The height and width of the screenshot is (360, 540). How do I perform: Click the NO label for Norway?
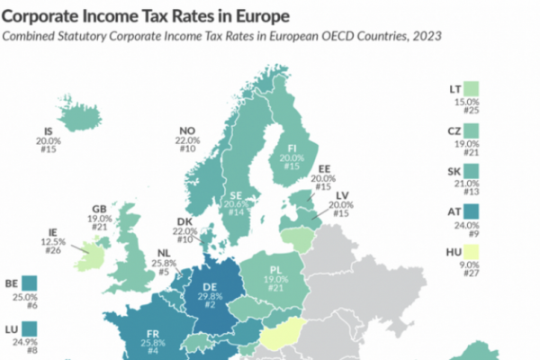(x=187, y=129)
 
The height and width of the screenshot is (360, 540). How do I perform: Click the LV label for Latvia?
(x=340, y=194)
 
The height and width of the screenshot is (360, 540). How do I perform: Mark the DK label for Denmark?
(x=185, y=221)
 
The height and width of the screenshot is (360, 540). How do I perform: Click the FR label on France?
(x=154, y=334)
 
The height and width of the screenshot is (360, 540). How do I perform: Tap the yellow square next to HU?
(x=472, y=254)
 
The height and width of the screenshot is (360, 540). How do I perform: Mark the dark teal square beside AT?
(x=472, y=213)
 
